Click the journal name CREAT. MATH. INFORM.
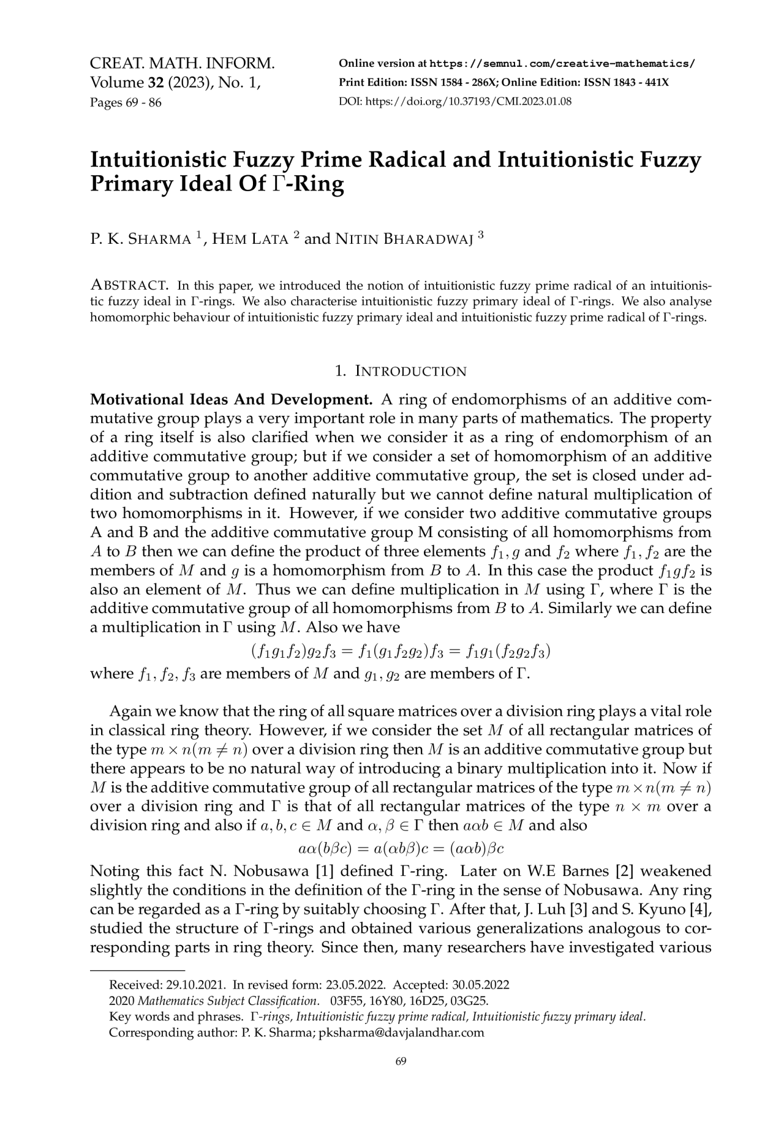182,64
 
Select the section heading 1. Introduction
401,371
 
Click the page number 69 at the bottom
401,1061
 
